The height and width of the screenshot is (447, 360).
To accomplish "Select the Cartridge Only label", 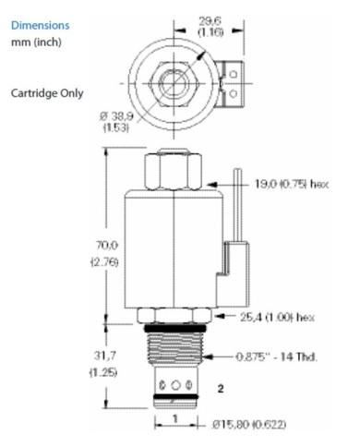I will pyautogui.click(x=45, y=94).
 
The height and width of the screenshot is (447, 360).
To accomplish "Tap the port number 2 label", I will pyautogui.click(x=221, y=390).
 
